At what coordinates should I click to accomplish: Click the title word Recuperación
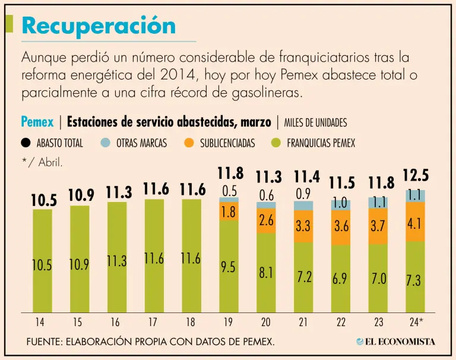tap(99, 26)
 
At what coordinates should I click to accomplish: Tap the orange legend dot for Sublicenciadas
tap(189, 143)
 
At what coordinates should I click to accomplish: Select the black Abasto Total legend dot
tap(26, 143)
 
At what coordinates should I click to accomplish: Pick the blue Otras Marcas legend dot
tap(105, 143)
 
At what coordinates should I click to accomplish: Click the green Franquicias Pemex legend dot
tap(275, 143)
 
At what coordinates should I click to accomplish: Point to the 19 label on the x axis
tap(229, 322)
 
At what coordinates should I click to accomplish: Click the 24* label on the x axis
tap(416, 322)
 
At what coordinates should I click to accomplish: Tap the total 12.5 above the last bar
tap(416, 176)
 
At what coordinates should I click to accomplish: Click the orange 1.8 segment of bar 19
tap(229, 212)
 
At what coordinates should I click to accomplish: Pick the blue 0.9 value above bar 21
tap(303, 194)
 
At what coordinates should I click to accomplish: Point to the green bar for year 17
tap(154, 255)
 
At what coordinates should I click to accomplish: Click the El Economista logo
tap(395, 342)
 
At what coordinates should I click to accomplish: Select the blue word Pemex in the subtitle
tap(37, 122)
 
